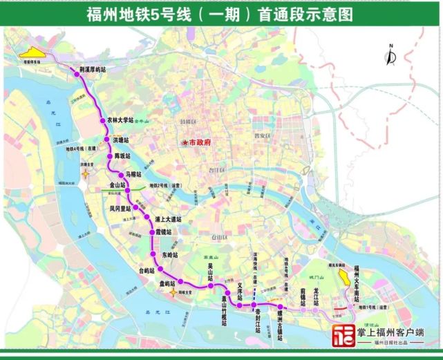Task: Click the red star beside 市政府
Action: coord(185,143)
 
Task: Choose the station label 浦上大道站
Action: coord(167,220)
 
